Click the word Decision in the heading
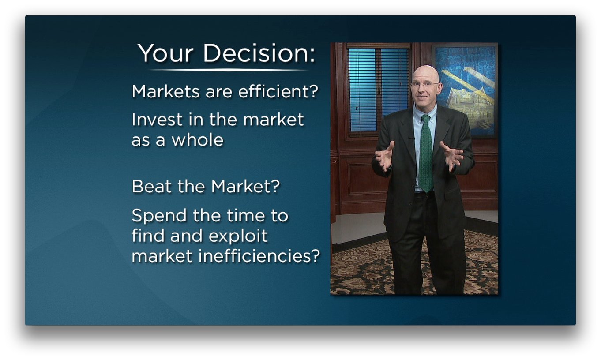[x=259, y=53]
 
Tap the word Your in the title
[x=165, y=53]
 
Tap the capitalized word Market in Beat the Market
[x=245, y=187]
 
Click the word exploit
[x=238, y=236]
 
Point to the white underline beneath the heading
[x=227, y=70]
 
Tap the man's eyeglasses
[x=424, y=84]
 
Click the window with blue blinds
[x=378, y=88]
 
